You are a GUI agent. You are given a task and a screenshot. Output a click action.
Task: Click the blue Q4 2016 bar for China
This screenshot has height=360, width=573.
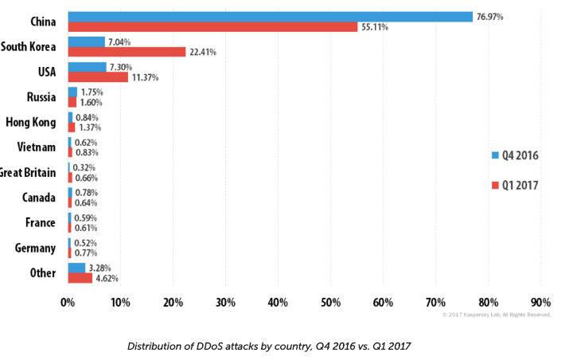271,16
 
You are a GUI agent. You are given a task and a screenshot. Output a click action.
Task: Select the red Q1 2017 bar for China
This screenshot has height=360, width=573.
212,26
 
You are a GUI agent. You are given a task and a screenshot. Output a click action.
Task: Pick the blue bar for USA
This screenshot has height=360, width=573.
87,67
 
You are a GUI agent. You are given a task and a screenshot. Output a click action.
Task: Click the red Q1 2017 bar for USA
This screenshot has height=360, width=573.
97,77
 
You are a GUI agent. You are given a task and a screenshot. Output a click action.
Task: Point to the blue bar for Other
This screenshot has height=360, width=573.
76,268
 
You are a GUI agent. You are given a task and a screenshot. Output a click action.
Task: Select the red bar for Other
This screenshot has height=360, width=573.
80,278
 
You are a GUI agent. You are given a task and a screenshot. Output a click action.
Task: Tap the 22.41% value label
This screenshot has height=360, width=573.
202,53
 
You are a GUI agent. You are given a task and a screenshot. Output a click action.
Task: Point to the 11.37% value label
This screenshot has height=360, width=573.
145,78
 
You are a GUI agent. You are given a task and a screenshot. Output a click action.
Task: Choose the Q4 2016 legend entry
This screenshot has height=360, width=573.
515,155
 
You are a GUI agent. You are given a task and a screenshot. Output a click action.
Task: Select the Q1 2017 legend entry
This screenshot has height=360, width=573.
515,186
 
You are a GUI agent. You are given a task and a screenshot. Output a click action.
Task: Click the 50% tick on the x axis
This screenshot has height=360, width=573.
330,302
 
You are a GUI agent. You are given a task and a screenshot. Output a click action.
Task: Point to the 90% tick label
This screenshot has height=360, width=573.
540,302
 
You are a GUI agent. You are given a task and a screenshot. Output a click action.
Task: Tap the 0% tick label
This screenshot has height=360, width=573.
68,302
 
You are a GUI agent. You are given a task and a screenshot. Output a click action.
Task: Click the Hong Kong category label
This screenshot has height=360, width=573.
30,122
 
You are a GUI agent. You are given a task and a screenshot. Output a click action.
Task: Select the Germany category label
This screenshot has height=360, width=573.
35,248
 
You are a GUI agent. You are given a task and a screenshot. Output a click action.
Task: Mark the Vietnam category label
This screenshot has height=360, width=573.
36,147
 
